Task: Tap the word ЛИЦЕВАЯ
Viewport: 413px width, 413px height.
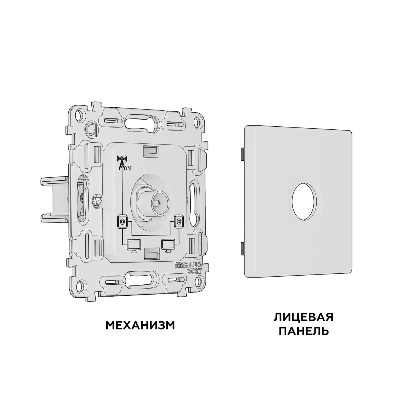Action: coord(304,317)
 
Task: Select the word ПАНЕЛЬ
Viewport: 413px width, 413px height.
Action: coord(304,331)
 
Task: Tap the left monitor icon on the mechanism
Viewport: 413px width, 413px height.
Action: coord(134,245)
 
